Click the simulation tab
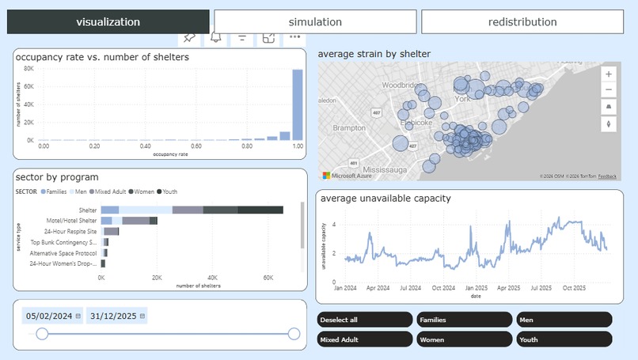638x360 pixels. [315, 22]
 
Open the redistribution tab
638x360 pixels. [522, 22]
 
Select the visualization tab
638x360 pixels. [108, 22]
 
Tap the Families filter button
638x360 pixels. [465, 320]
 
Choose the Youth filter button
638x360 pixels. [564, 339]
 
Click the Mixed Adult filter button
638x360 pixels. [365, 339]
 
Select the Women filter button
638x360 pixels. [465, 339]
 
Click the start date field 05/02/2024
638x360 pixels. [49, 316]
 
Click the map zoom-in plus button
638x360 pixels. [608, 74]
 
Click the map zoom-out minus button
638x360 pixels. [608, 90]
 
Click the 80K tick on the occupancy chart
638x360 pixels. [28, 68]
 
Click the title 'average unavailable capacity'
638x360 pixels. [385, 198]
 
